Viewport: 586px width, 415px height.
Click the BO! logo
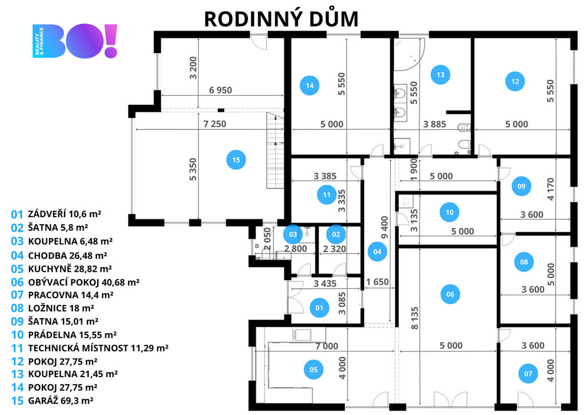76,41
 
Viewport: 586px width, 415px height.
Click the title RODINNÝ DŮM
281,18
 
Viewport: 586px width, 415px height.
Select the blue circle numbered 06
450,295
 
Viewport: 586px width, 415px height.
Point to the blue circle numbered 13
440,75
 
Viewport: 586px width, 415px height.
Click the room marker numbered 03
292,234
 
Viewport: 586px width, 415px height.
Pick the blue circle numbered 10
449,213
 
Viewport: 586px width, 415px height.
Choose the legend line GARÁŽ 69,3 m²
53,401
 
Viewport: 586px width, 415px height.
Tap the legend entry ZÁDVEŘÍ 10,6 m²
56,214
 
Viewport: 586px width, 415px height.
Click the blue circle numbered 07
528,374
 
